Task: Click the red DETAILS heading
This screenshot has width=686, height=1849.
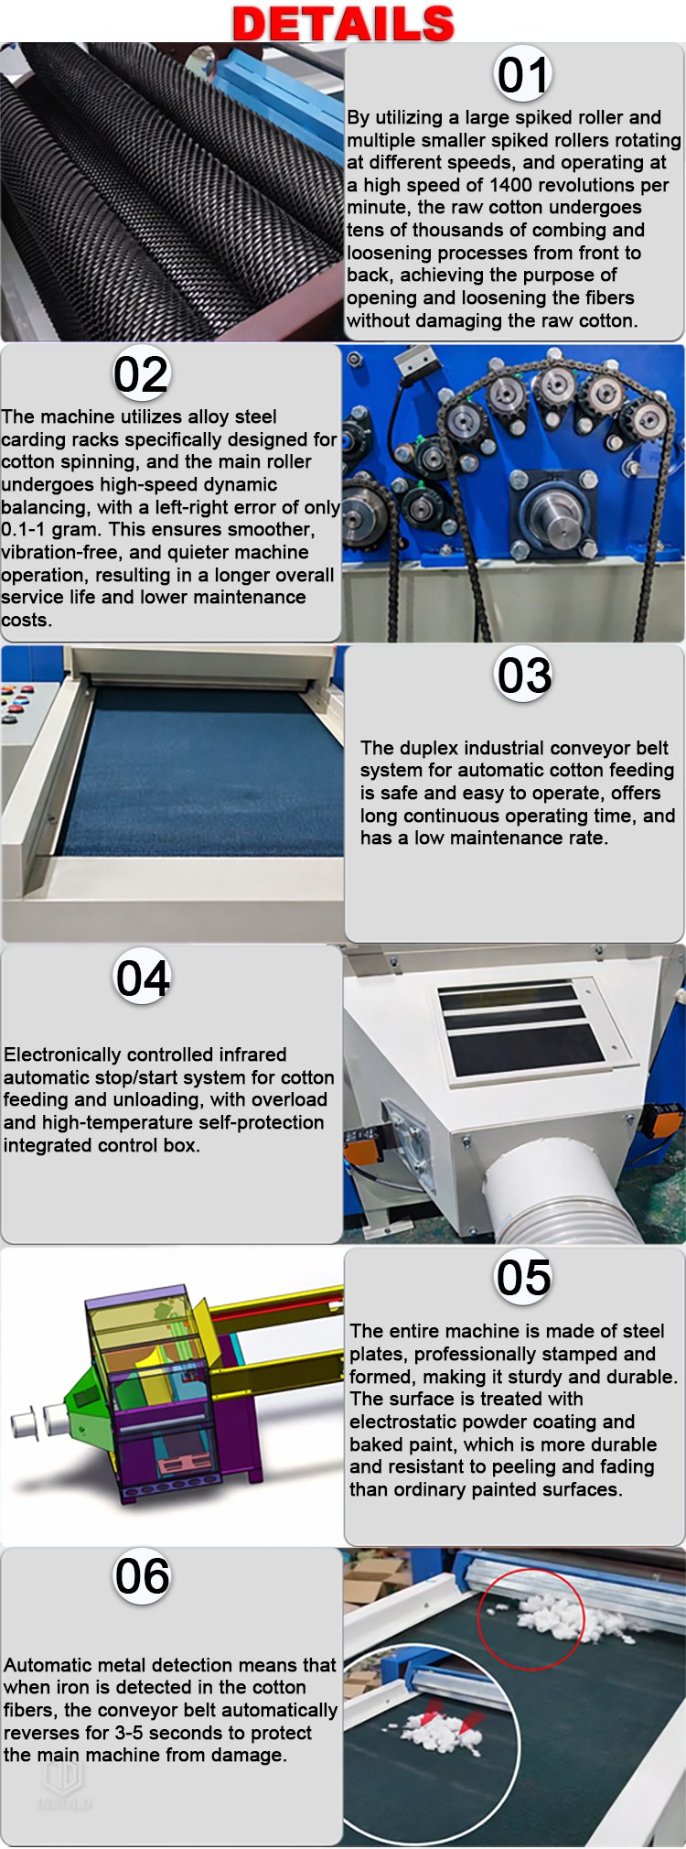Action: (343, 24)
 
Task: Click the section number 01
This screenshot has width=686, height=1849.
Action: (522, 75)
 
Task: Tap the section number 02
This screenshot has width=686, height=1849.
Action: (141, 374)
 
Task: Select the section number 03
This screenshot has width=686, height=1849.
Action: (523, 676)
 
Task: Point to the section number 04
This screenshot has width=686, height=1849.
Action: (143, 978)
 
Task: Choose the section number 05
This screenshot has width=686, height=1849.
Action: (523, 1277)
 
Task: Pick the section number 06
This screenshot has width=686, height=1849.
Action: (142, 1576)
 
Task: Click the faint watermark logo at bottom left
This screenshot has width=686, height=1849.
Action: (63, 1785)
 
